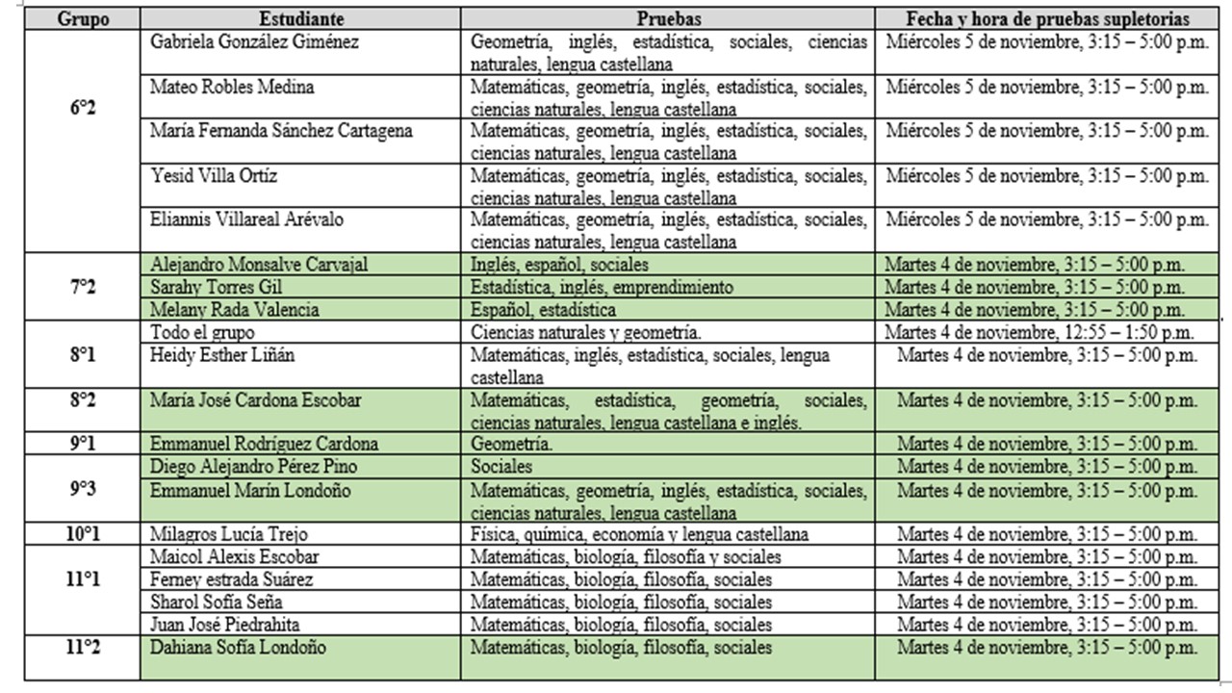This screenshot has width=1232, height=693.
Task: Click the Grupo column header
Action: point(83,19)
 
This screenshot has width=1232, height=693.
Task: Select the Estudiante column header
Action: point(299,19)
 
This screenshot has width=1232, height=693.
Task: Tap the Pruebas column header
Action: point(668,19)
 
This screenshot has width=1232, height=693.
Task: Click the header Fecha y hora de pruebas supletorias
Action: point(1047,19)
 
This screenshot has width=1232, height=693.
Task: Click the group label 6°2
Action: point(83,109)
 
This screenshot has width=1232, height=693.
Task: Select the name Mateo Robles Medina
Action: point(232,88)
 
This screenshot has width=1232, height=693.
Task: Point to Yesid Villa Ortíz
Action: point(215,176)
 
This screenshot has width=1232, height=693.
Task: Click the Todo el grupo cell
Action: point(202,332)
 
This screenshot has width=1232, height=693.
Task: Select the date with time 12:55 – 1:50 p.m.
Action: point(1039,332)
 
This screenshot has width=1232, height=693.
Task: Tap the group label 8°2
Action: point(83,399)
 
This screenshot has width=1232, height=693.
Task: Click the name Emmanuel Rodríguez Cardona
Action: point(264,444)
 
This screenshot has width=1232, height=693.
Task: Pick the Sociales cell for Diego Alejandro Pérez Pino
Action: point(500,467)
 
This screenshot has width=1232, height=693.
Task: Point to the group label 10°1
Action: point(83,533)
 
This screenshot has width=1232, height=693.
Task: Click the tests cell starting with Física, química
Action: point(639,534)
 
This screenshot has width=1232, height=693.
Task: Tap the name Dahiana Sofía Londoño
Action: point(238,647)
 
